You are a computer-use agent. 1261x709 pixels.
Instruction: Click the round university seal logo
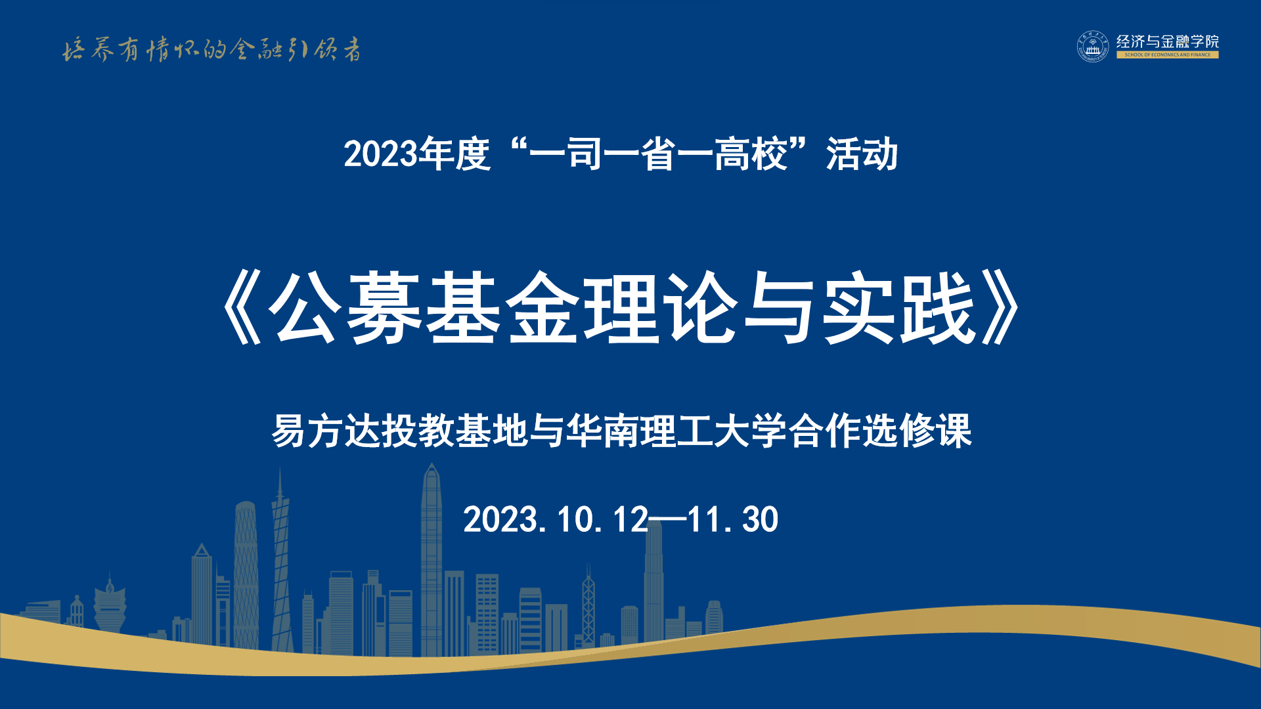pyautogui.click(x=1092, y=47)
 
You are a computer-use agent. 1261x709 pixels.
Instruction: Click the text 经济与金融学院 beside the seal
pyautogui.click(x=1167, y=41)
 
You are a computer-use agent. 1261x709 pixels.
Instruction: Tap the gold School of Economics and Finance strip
pyautogui.click(x=1167, y=55)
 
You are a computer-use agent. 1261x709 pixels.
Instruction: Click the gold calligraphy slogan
pyautogui.click(x=211, y=49)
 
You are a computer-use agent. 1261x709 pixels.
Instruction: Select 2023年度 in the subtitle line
pyautogui.click(x=417, y=154)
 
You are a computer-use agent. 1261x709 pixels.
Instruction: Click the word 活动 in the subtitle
pyautogui.click(x=862, y=154)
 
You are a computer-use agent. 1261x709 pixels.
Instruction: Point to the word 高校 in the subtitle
pyautogui.click(x=751, y=154)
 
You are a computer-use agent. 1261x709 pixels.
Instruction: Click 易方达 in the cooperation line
pyautogui.click(x=327, y=431)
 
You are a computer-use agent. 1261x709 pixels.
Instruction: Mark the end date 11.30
pyautogui.click(x=733, y=520)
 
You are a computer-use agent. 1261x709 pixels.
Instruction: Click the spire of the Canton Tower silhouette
pyautogui.click(x=280, y=483)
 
